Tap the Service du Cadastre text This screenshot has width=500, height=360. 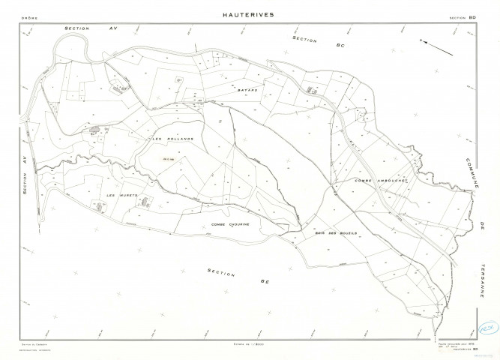(x=33, y=343)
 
